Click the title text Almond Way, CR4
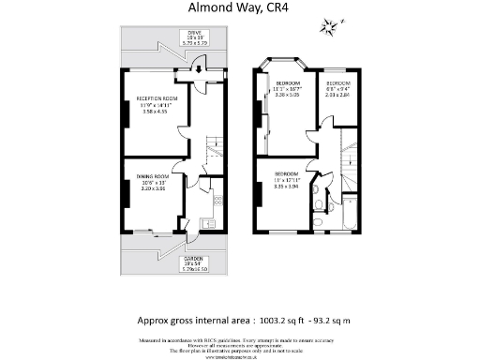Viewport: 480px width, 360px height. tap(239, 10)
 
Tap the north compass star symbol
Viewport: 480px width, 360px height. tap(330, 30)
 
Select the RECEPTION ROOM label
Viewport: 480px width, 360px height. tap(156, 98)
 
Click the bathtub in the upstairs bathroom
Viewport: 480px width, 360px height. tap(351, 211)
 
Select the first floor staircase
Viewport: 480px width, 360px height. tap(348, 150)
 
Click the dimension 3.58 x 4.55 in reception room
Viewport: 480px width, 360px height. tap(155, 112)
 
